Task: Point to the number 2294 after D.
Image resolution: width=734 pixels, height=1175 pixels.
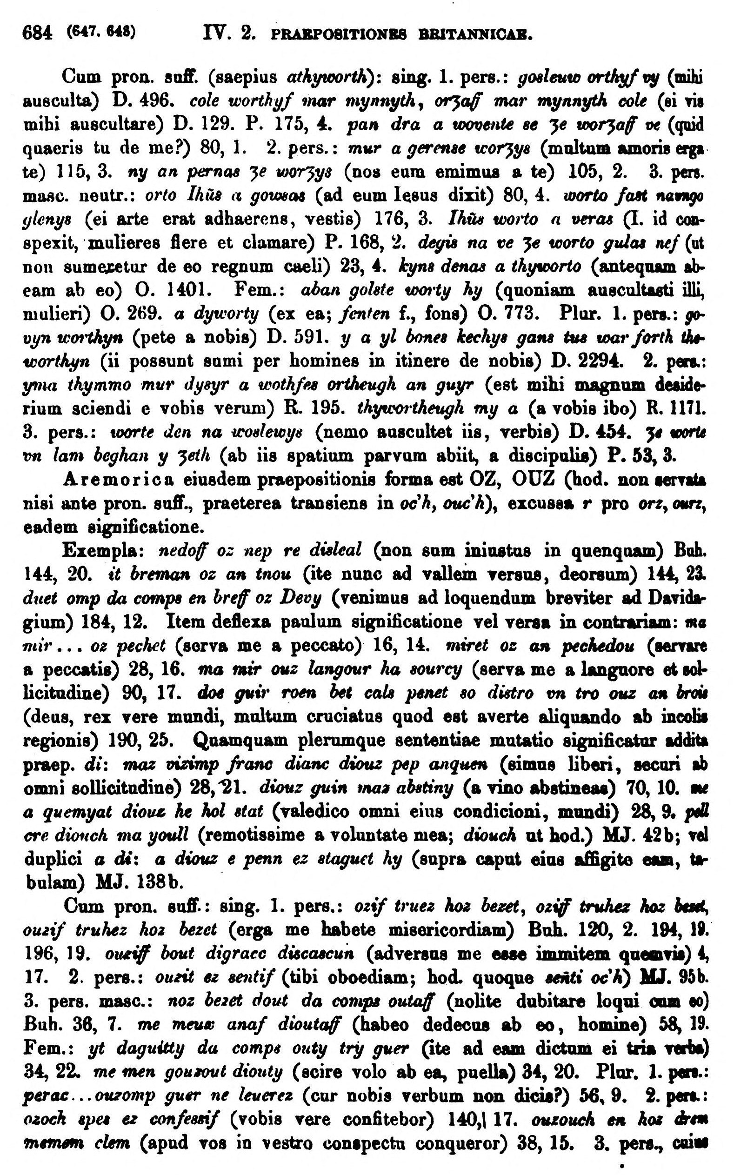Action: point(587,361)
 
